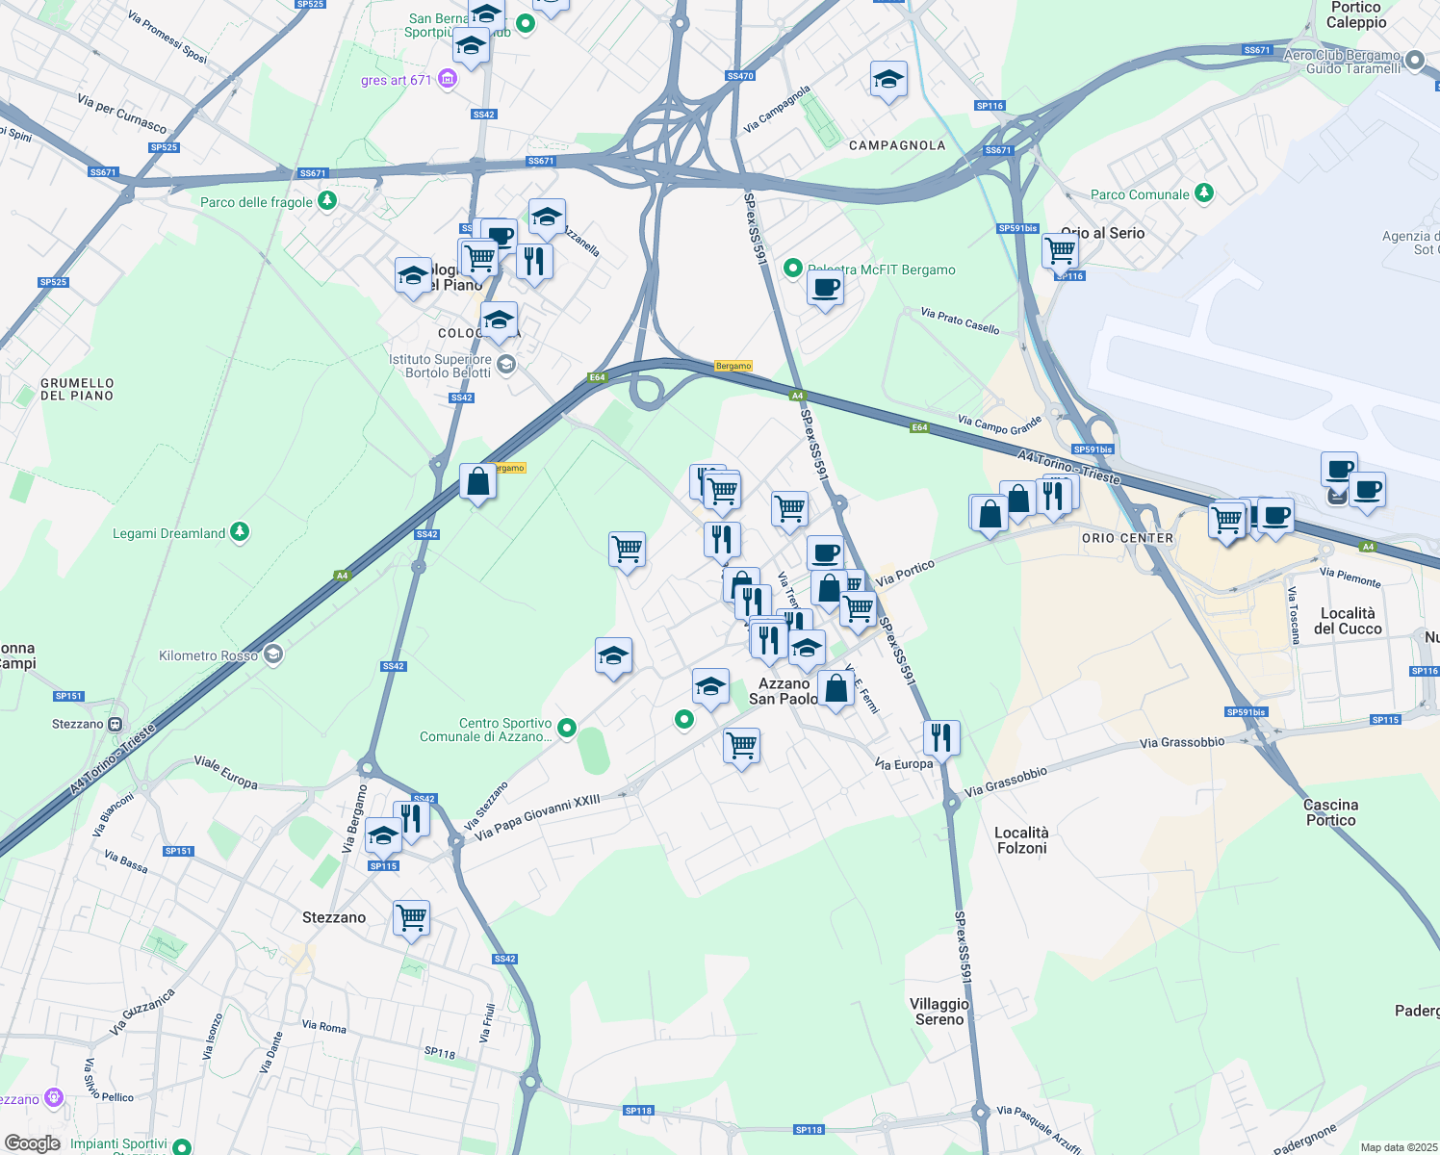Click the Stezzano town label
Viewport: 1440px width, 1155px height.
click(334, 917)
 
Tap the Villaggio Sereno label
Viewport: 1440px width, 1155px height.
click(939, 1012)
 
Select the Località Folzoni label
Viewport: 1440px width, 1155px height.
click(1021, 840)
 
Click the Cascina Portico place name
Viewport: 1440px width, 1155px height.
click(1330, 812)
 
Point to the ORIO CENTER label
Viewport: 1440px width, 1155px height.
click(1127, 538)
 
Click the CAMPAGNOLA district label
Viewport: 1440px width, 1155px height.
click(897, 145)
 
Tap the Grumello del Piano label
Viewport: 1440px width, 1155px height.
click(77, 389)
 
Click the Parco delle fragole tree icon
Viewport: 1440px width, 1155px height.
click(328, 200)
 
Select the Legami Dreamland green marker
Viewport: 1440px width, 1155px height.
click(240, 531)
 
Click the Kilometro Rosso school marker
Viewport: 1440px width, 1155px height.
click(273, 654)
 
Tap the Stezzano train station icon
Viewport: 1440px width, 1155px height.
click(116, 724)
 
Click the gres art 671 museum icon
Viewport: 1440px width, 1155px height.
click(447, 79)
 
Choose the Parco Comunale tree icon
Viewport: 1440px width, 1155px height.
click(1203, 193)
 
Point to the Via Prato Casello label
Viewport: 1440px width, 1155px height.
click(960, 321)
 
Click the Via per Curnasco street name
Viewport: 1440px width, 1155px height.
click(122, 114)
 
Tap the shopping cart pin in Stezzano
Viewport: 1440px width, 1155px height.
click(412, 917)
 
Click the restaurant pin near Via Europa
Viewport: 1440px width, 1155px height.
click(941, 738)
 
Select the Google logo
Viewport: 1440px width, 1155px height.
click(33, 1143)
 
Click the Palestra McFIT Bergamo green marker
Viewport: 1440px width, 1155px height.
click(793, 269)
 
